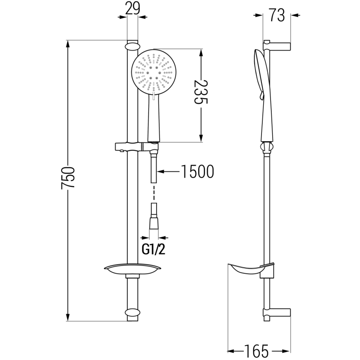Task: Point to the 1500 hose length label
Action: pyautogui.click(x=197, y=171)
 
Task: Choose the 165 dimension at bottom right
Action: pyautogui.click(x=258, y=350)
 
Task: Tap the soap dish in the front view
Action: pyautogui.click(x=132, y=269)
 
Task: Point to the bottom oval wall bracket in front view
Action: pyautogui.click(x=132, y=313)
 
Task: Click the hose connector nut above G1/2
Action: pyautogui.click(x=154, y=224)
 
